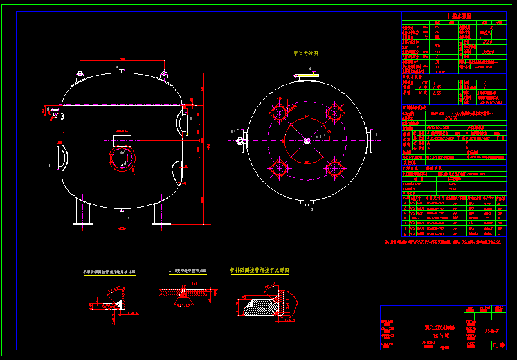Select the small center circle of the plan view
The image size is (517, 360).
point(307,139)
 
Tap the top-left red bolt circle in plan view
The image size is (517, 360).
point(278,113)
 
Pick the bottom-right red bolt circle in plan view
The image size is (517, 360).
point(334,168)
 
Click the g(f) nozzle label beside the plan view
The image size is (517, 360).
point(235,131)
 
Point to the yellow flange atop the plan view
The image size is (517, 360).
point(307,78)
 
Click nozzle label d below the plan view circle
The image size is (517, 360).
point(311,209)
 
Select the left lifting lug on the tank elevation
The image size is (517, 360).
point(80,77)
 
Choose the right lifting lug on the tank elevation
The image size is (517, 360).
point(163,77)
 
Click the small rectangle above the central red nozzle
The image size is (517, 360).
point(122,140)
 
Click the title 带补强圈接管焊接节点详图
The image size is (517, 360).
point(259,271)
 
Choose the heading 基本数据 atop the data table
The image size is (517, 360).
point(458,16)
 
